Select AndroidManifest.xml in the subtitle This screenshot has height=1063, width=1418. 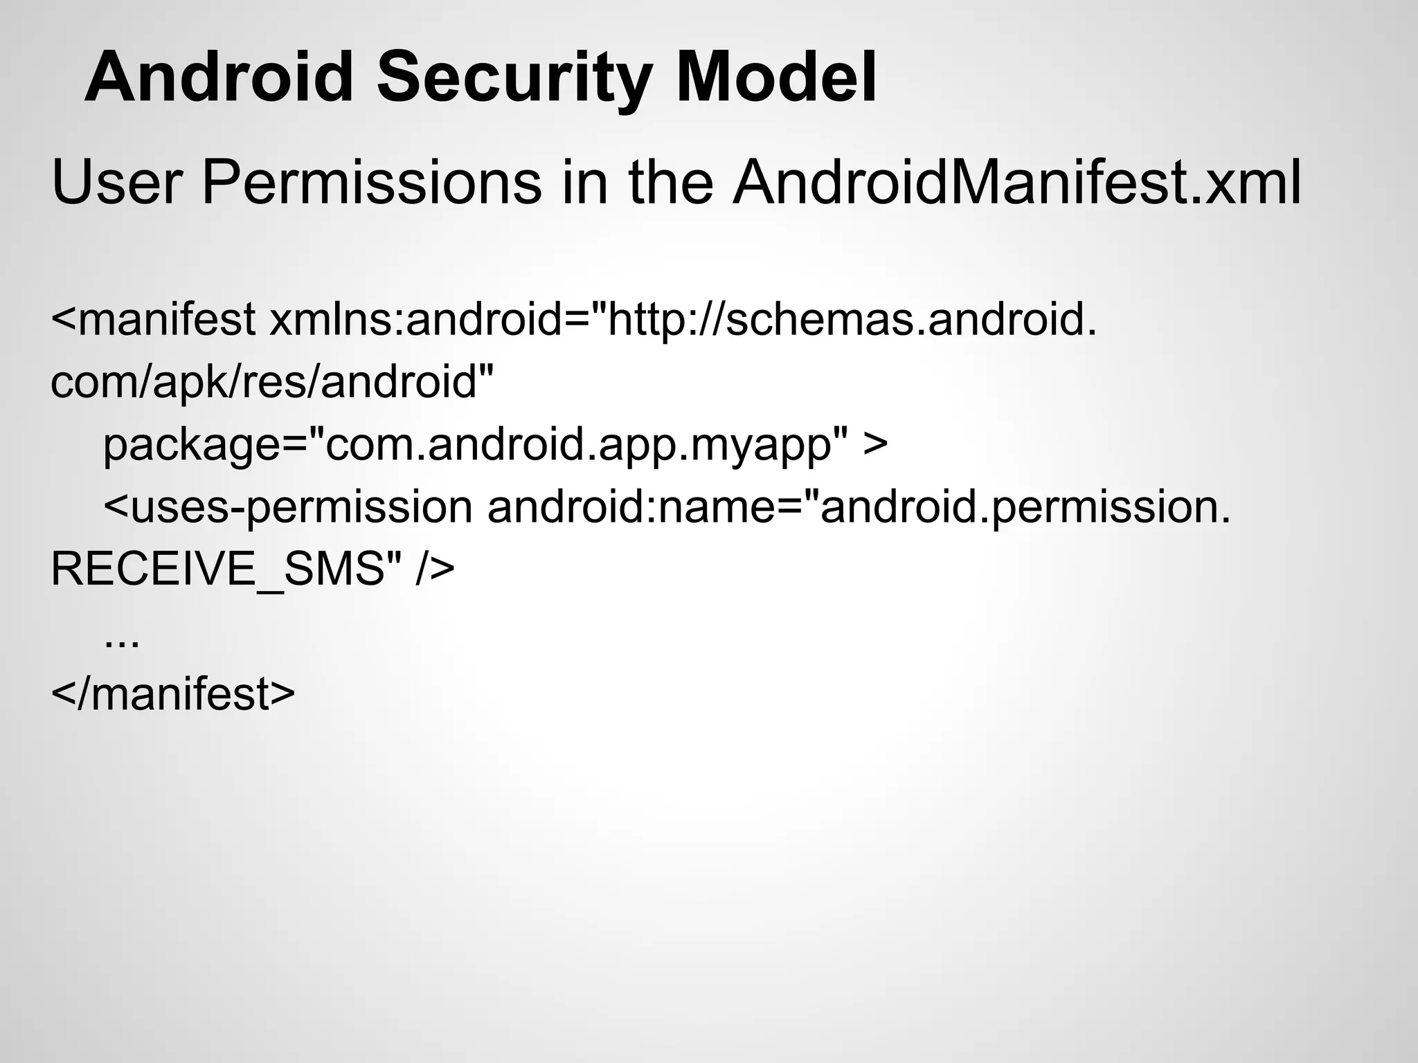click(x=1017, y=183)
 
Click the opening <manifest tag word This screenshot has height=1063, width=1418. click(x=153, y=320)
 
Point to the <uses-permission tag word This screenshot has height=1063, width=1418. click(x=288, y=507)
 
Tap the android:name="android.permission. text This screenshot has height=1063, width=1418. click(x=859, y=507)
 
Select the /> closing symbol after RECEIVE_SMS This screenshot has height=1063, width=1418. click(x=436, y=570)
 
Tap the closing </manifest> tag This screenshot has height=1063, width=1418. click(x=173, y=693)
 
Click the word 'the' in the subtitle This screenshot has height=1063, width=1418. click(x=670, y=183)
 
